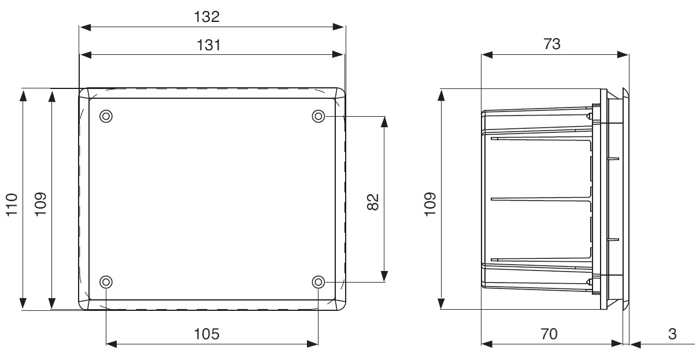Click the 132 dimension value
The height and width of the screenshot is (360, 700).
coord(207,17)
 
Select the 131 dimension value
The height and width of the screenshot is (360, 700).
coord(209,44)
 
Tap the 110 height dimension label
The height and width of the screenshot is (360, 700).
coord(12,205)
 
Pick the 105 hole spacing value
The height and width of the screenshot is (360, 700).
coord(206,333)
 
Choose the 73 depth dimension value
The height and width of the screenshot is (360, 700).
coord(552,44)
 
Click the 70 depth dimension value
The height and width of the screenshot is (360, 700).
coord(549,333)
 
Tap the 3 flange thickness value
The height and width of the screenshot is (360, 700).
coord(672,333)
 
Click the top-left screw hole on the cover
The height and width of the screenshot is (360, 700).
coord(106,116)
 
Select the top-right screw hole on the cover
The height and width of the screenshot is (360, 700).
coord(318,116)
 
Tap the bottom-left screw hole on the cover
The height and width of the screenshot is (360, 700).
coord(106,282)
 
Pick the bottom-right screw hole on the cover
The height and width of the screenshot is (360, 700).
coord(318,282)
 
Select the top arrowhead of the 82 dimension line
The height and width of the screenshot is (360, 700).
coord(384,121)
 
